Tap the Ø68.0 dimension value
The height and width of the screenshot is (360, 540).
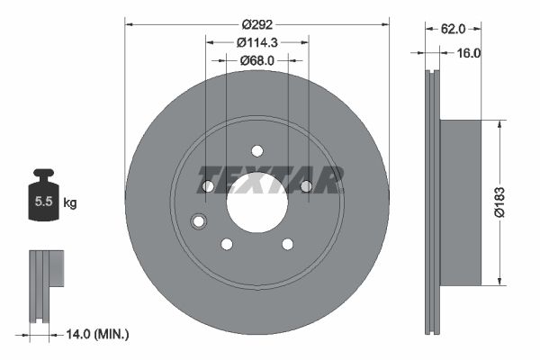point(257,60)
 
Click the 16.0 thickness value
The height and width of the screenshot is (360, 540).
point(470,53)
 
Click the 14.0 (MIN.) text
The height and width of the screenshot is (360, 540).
point(97,334)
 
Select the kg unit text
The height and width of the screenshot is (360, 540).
point(70,202)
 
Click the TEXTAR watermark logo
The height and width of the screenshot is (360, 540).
point(270,180)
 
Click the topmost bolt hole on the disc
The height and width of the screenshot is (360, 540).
point(256,150)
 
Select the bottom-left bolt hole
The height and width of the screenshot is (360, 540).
point(227,244)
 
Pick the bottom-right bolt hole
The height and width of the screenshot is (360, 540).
point(287,244)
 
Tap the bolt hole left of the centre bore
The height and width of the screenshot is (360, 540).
point(208,186)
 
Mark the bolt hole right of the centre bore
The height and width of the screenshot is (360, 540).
point(306,186)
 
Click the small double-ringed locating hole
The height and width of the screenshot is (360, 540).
point(199,221)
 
